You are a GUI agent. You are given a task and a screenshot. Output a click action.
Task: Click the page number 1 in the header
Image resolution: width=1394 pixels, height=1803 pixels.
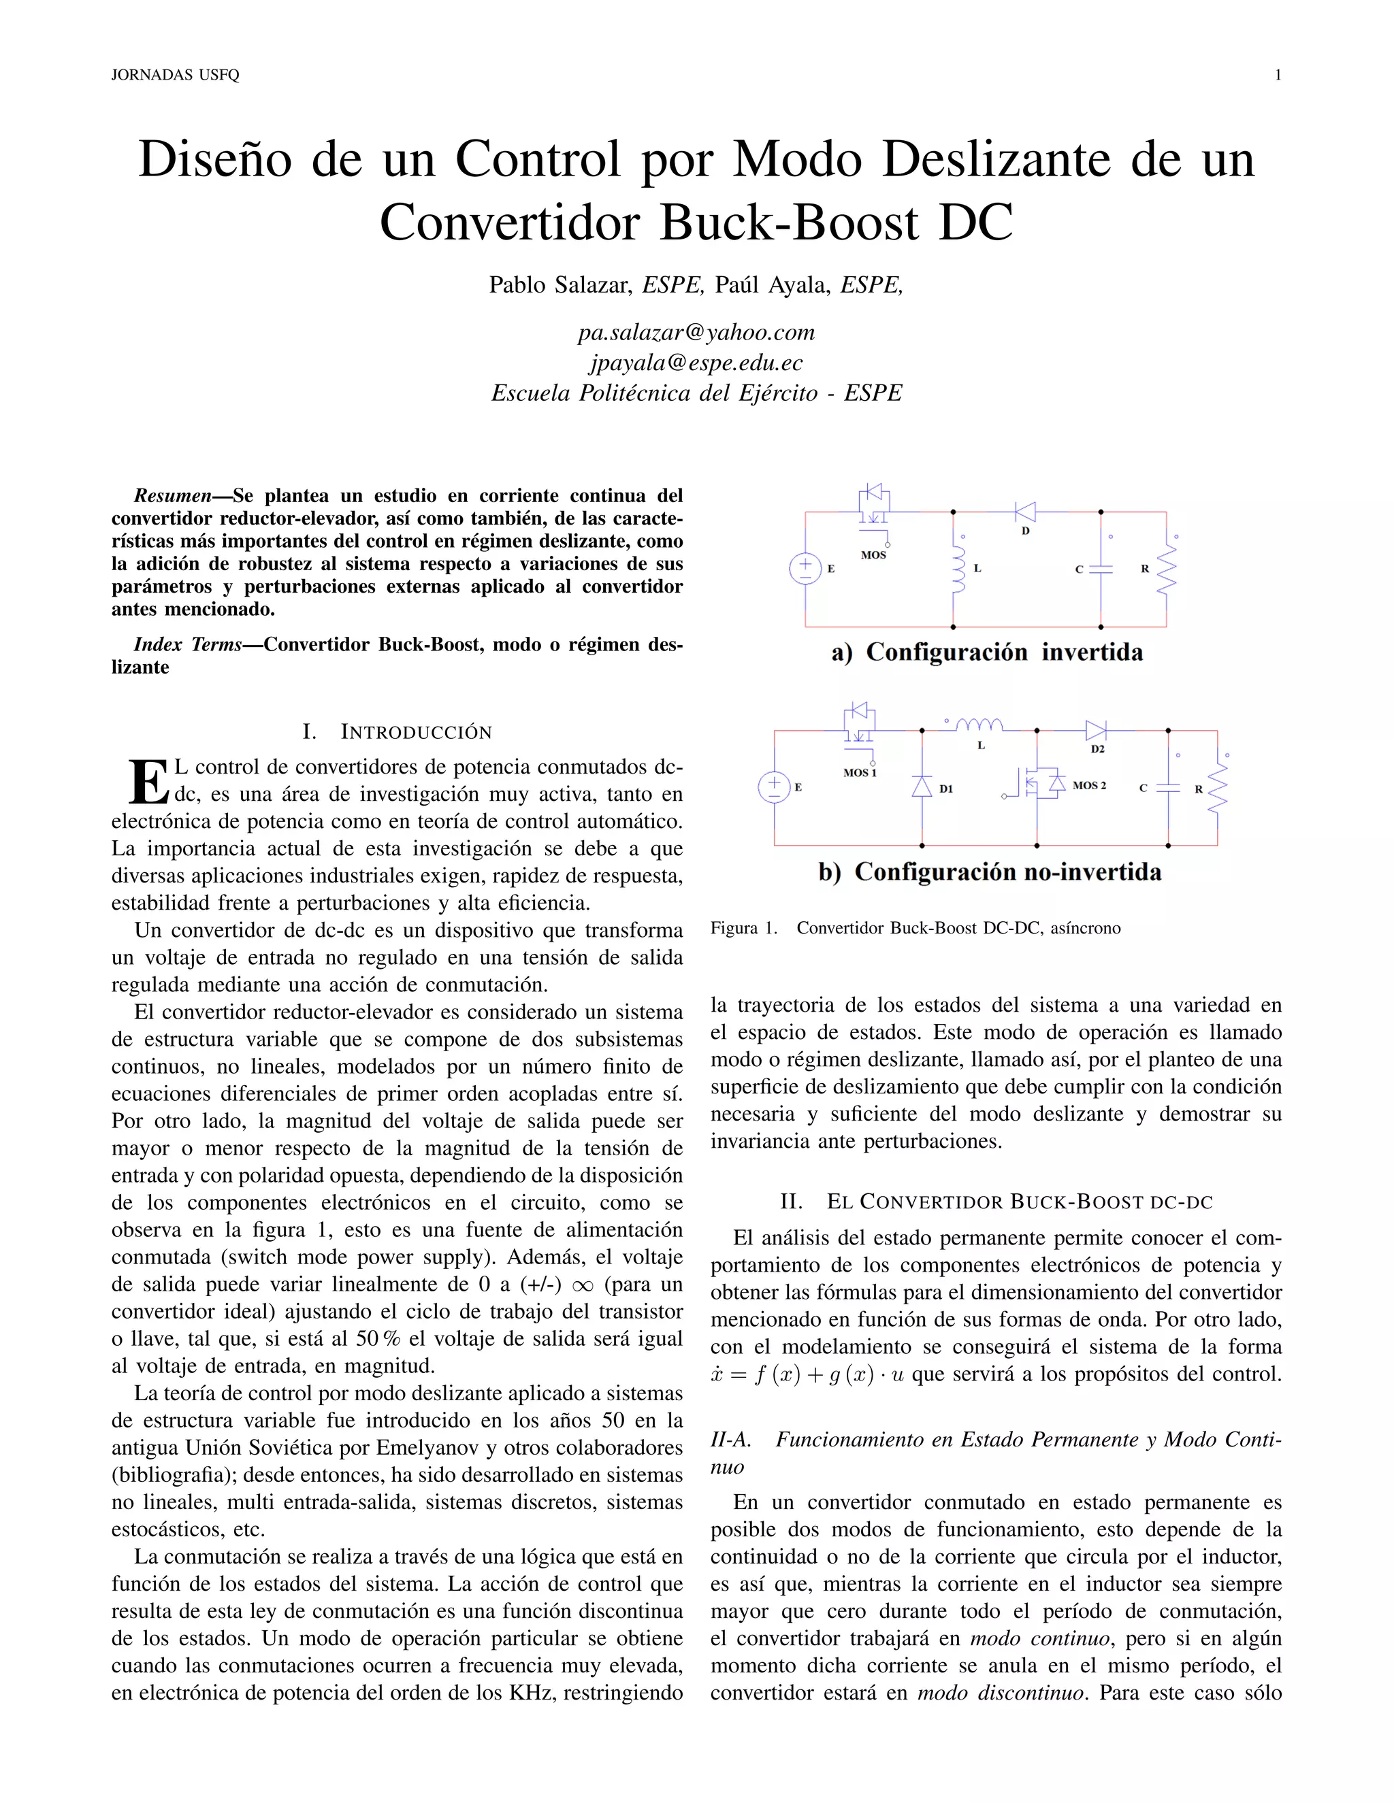(1278, 75)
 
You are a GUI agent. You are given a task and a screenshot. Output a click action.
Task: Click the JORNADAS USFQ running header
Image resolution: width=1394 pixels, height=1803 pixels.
(175, 75)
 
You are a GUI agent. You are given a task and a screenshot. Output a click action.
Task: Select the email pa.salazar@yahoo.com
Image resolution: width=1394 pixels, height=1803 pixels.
(696, 332)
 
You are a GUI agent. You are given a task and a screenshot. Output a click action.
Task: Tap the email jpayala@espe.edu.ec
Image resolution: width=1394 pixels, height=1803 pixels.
(696, 363)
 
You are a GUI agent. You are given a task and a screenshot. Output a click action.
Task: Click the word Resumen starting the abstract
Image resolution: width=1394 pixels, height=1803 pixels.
(172, 495)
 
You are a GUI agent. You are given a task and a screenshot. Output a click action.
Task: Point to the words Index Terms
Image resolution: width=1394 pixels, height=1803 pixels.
(187, 644)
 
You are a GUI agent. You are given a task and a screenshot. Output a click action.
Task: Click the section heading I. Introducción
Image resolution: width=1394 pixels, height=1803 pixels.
(398, 731)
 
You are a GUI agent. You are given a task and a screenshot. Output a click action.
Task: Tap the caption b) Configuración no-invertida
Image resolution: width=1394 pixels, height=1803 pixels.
(989, 872)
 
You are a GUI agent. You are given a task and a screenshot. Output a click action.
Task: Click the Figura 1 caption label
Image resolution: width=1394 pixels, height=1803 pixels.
(743, 928)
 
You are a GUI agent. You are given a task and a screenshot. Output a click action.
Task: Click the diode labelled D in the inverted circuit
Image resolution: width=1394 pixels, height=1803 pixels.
(1026, 512)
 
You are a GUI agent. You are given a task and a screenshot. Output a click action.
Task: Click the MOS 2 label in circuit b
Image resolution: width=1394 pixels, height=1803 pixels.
(1088, 785)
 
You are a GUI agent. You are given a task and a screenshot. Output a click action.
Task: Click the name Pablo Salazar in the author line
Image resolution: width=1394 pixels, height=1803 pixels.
(559, 285)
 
